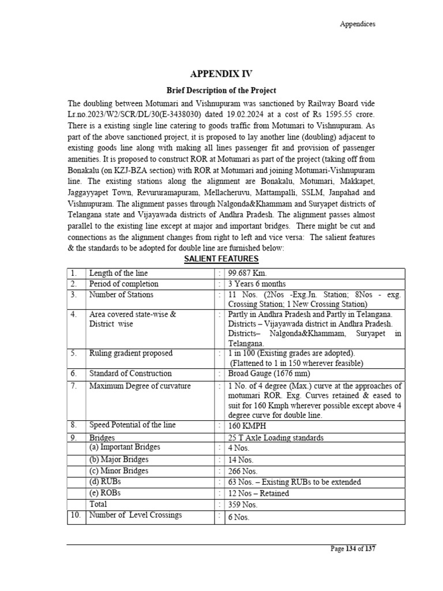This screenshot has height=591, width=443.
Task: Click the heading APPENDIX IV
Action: pyautogui.click(x=221, y=73)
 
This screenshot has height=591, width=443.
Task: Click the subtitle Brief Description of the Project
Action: pyautogui.click(x=221, y=91)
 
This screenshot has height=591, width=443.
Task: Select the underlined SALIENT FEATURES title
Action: pyautogui.click(x=221, y=259)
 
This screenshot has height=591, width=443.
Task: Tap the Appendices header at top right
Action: pyautogui.click(x=357, y=24)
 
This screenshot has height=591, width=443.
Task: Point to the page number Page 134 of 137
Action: pyautogui.click(x=353, y=549)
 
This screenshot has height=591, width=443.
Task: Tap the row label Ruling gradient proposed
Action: pyautogui.click(x=130, y=353)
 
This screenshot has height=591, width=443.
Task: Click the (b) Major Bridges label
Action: pyautogui.click(x=118, y=459)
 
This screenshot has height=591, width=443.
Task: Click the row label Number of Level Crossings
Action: pyautogui.click(x=135, y=515)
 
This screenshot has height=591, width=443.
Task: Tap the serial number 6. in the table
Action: pyautogui.click(x=73, y=373)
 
